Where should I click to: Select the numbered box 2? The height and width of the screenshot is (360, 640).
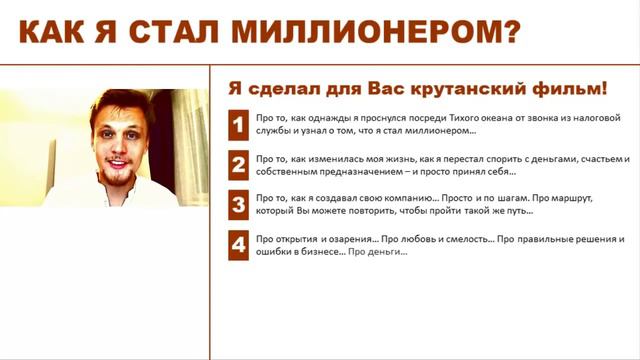pos(238,165)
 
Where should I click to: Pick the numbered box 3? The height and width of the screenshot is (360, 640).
pos(238,205)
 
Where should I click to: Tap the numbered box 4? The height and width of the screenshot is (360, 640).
pos(238,246)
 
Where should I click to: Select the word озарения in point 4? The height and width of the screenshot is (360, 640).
pos(349,240)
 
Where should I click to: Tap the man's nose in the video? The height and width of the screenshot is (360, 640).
pos(113,139)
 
